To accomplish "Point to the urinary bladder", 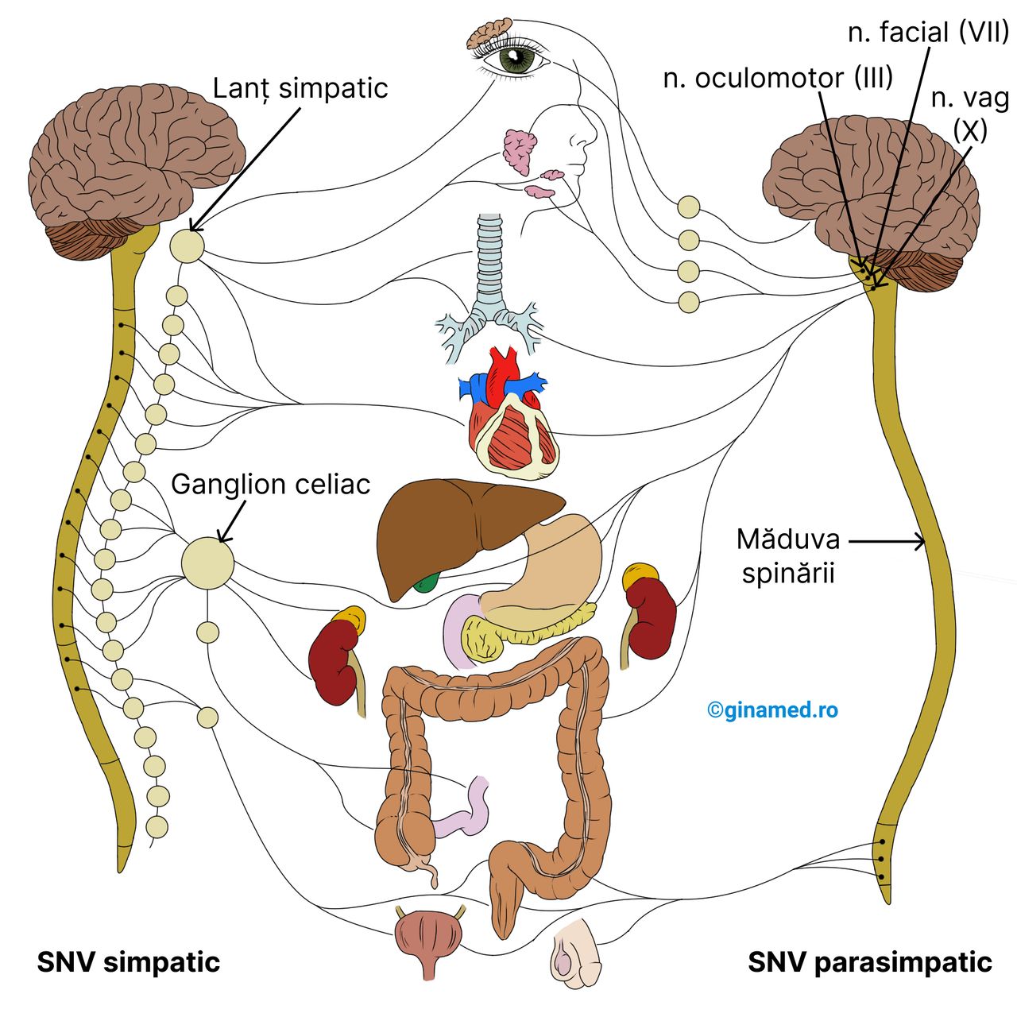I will [428, 938].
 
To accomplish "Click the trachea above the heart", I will [489, 262].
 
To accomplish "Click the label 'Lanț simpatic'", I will [300, 87].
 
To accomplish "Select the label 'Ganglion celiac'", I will [270, 484].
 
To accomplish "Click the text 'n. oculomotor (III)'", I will [778, 78].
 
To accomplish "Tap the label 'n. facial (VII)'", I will [928, 32].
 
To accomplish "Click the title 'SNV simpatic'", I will [129, 962].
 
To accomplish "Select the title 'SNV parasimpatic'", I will [870, 962].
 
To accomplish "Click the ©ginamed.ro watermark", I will [772, 710].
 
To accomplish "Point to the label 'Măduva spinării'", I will [787, 555].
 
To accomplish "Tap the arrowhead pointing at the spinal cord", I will [922, 542].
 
